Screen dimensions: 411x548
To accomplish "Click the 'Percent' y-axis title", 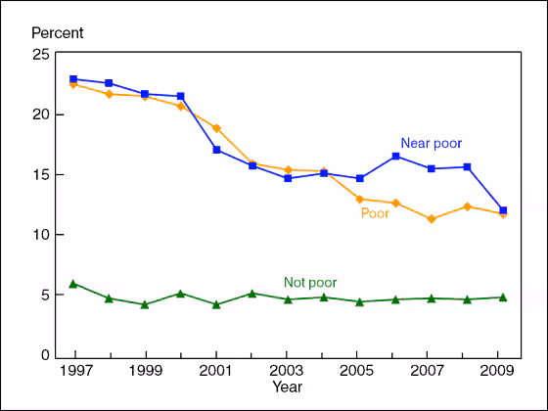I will point(58,32).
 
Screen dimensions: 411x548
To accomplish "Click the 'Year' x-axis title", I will point(287,388).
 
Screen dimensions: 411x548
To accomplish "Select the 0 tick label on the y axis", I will point(44,355).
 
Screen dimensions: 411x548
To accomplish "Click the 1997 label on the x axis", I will point(75,372).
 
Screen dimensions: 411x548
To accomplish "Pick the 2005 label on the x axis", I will point(357,372).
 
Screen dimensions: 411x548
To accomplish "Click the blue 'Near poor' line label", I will point(431,143).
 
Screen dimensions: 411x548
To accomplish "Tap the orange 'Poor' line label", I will point(375,213).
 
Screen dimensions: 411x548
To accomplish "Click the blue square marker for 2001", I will point(216,150).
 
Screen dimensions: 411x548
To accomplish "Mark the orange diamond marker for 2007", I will point(432,219).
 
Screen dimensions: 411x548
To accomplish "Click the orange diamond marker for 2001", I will point(216,128).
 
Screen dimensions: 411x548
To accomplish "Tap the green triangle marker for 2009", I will point(502,297).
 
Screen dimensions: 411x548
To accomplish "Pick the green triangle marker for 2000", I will point(181,293).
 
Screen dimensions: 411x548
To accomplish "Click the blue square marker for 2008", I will point(467,167).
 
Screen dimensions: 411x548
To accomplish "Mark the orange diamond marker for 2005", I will point(361,200).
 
